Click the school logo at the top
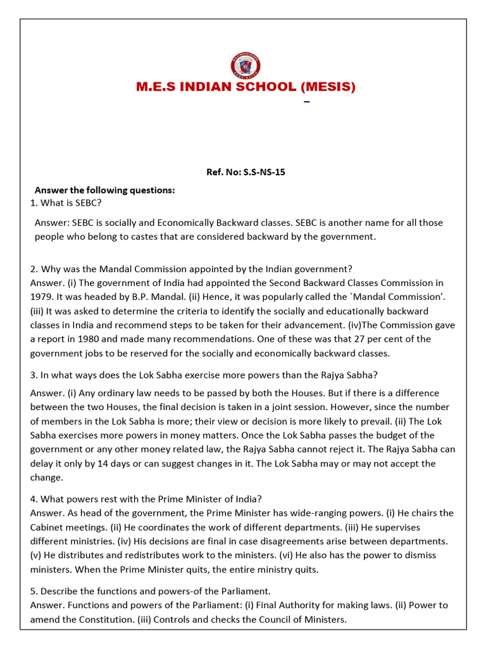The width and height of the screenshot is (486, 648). point(246,65)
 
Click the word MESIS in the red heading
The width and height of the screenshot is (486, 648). point(327,87)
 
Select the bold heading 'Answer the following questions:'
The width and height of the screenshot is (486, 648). point(104,190)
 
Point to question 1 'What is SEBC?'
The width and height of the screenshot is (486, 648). point(66,202)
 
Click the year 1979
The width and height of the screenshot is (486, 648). point(41,296)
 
